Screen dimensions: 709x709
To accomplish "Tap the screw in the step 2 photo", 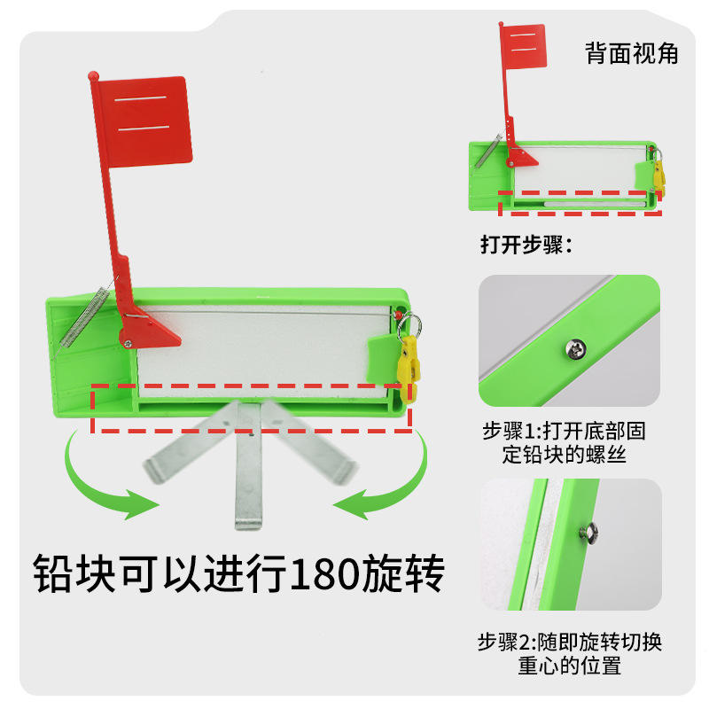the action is pyautogui.click(x=586, y=532).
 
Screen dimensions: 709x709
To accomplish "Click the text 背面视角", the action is pyautogui.click(x=631, y=53).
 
